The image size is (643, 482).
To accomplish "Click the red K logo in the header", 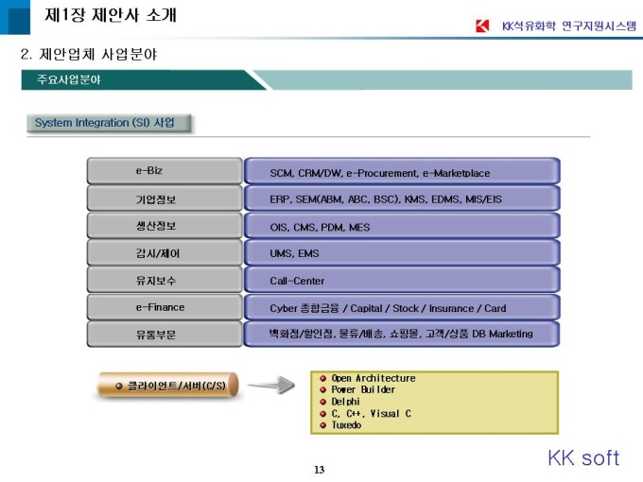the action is [x=482, y=26].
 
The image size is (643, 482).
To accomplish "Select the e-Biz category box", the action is [x=165, y=170].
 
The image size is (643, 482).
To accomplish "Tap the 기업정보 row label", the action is [x=156, y=199].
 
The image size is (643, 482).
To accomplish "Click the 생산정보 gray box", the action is [x=165, y=226].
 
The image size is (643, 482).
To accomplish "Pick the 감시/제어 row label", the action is [x=158, y=253].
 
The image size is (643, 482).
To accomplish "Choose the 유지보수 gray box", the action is [x=165, y=280].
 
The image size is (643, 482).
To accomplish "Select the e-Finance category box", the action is [x=165, y=307].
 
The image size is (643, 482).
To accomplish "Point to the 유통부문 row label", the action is [x=156, y=335].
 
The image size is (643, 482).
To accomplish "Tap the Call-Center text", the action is [x=297, y=281].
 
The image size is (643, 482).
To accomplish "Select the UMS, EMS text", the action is [x=294, y=253].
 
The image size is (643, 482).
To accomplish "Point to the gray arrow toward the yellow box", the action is [x=271, y=385].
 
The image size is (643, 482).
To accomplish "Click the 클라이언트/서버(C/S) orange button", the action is [x=167, y=386].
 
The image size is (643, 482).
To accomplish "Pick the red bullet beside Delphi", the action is [x=322, y=402].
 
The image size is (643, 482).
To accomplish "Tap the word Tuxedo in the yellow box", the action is [x=346, y=425].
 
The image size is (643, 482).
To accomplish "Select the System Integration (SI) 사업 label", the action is [x=105, y=123].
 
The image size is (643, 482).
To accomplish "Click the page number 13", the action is [x=320, y=470].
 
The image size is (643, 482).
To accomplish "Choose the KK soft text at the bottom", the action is [x=583, y=457].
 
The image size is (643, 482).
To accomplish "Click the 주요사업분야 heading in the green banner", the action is [x=69, y=79].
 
